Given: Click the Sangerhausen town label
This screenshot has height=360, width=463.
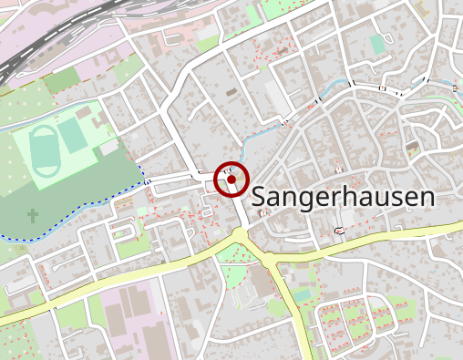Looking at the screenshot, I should click(x=341, y=195).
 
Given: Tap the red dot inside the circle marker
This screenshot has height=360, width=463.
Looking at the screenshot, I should click(x=231, y=180).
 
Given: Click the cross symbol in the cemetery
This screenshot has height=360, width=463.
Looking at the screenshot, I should click(x=33, y=216).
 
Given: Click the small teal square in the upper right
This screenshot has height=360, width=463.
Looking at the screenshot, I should click(x=377, y=43).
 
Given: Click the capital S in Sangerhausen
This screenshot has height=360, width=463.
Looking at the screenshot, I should click(x=259, y=196).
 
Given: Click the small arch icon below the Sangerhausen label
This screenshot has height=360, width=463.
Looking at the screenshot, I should click(x=339, y=230).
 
